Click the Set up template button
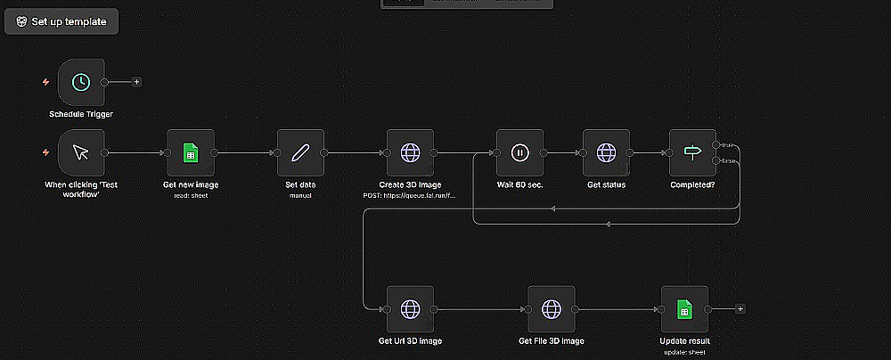(x=61, y=21)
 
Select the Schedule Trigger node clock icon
(x=81, y=82)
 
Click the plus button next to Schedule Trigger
(x=136, y=82)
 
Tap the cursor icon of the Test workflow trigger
(x=81, y=152)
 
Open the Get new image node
(x=191, y=152)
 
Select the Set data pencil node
(x=300, y=152)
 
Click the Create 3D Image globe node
(x=410, y=152)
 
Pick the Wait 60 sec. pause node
(x=519, y=152)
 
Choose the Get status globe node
(x=607, y=152)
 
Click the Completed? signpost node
(x=692, y=152)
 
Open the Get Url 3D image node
(x=410, y=308)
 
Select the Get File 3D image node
(x=552, y=308)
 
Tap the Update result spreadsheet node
(x=684, y=308)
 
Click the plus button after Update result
(x=740, y=308)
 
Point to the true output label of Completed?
(x=728, y=144)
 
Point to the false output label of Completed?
(x=729, y=160)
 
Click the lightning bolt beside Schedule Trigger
(x=45, y=82)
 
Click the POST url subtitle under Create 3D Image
(x=410, y=195)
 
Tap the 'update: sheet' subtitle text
(x=684, y=351)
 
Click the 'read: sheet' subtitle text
(x=191, y=195)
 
